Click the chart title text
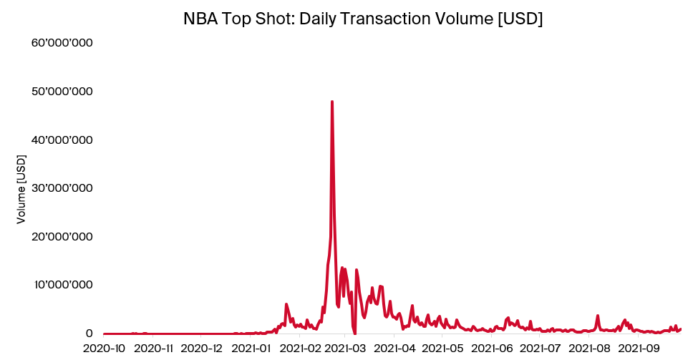pos(363,19)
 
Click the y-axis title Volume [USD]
pos(21,193)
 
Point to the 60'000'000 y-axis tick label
pos(62,43)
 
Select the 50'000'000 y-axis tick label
pos(62,92)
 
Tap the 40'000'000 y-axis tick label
pos(62,140)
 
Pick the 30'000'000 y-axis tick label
pos(62,188)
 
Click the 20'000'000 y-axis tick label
pos(62,236)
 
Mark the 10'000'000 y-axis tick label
pos(62,285)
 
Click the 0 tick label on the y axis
pos(89,333)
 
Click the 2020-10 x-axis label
pos(105,349)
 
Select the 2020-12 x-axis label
pos(203,349)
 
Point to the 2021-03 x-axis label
pos(346,349)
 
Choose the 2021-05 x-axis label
pos(442,349)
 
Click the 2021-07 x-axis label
pos(541,349)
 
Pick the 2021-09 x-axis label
pos(639,349)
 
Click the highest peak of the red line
pos(332,102)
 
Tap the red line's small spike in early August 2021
pos(598,316)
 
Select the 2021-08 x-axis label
pos(589,349)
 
